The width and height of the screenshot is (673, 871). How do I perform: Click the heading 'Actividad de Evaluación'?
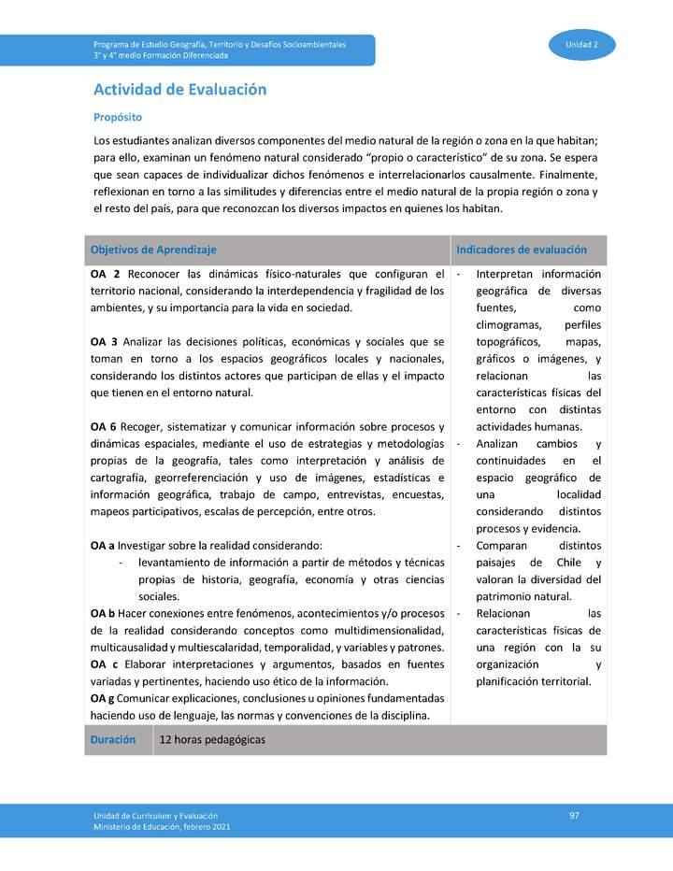click(179, 90)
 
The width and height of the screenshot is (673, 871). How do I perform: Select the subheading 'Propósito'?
click(117, 118)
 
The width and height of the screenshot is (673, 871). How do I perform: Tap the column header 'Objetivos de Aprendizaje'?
click(153, 250)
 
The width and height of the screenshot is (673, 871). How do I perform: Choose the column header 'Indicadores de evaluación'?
click(521, 250)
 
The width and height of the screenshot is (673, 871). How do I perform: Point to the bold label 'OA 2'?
click(105, 274)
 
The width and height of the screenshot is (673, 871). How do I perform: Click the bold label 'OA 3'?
click(104, 342)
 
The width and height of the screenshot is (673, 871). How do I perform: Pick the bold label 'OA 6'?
click(104, 427)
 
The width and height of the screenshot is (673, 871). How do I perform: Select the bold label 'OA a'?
click(103, 546)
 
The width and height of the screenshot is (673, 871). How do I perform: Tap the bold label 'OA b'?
click(103, 613)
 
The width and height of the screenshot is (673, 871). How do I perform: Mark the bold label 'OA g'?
click(103, 698)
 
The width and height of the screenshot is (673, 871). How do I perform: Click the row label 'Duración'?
click(113, 739)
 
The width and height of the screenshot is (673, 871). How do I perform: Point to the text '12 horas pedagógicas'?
click(212, 739)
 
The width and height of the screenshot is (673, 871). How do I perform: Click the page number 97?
click(574, 816)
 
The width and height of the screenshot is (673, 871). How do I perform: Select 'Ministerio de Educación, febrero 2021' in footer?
click(161, 827)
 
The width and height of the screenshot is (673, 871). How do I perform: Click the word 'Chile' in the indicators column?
click(568, 563)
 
